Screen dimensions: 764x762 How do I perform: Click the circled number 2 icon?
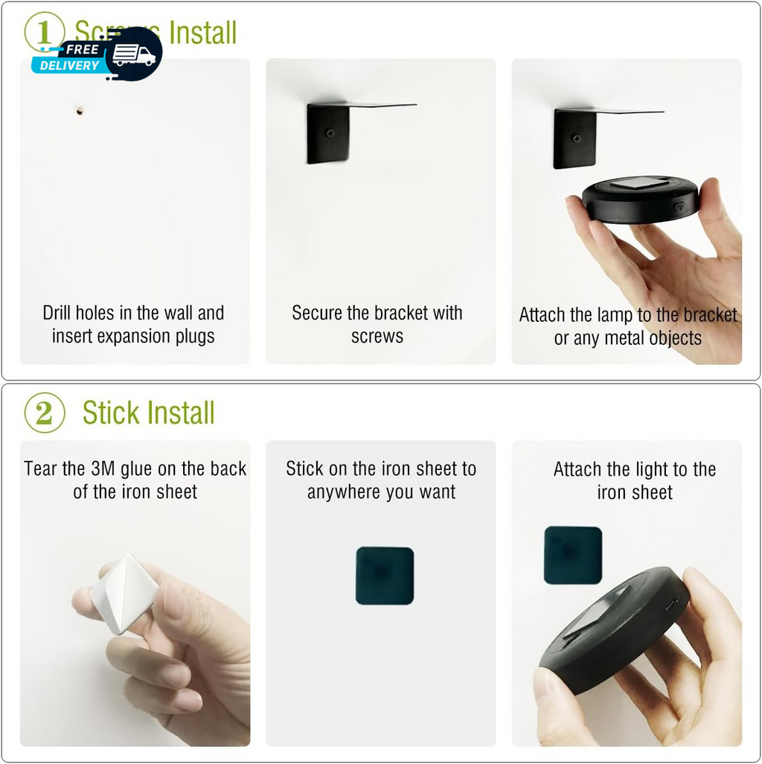click(44, 413)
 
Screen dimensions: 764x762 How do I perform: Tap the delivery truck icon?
click(134, 55)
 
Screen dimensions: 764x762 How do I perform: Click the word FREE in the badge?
click(83, 49)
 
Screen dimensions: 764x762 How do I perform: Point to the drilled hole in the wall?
click(79, 111)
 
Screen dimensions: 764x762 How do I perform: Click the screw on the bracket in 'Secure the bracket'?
click(330, 133)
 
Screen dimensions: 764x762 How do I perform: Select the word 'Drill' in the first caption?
click(58, 313)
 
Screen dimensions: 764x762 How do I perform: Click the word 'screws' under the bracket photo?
click(377, 337)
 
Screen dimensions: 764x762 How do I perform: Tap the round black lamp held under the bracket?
click(640, 200)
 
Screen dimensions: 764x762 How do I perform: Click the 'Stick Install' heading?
click(148, 413)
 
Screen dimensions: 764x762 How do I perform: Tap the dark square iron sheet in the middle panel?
click(384, 576)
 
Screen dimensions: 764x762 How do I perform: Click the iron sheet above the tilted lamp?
click(572, 555)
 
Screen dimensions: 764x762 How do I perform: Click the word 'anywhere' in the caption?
click(339, 492)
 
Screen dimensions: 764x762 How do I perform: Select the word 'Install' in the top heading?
click(202, 33)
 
